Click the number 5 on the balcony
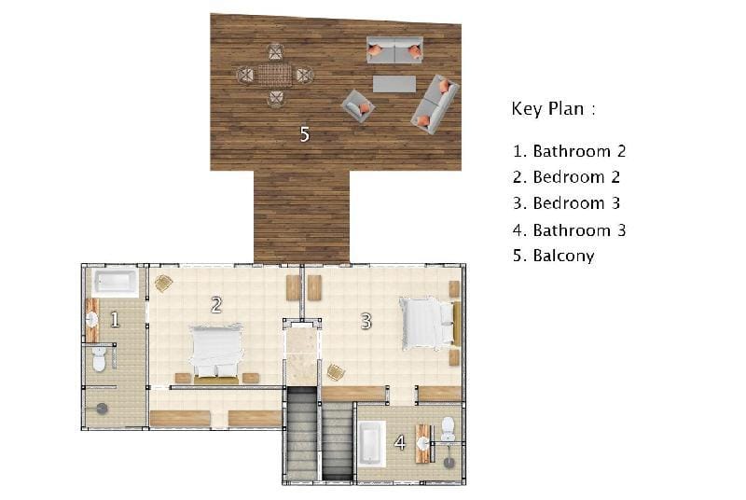point(305,134)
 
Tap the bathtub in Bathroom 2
point(116,283)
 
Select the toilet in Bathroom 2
point(99,359)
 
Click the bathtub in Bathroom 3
point(371,443)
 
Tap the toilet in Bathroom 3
point(449,428)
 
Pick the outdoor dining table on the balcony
point(275,76)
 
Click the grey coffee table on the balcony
point(394,84)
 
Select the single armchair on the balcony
point(358,106)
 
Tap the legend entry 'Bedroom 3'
point(576,203)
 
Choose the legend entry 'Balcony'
point(564,256)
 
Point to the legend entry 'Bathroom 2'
point(579,151)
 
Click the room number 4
point(400,443)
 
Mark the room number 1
point(115,320)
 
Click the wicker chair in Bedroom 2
point(164,284)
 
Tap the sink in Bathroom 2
point(91,319)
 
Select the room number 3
point(366,322)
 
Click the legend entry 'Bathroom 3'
point(579,230)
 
